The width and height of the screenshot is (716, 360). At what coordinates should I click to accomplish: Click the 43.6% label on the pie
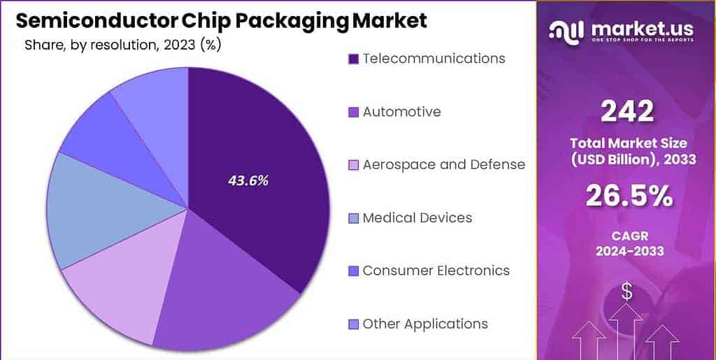[x=248, y=180]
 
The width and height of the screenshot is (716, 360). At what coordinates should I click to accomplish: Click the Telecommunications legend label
[x=434, y=58]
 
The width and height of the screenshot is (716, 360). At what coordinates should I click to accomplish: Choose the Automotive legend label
[x=401, y=111]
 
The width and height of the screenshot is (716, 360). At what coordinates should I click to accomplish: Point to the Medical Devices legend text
[x=417, y=217]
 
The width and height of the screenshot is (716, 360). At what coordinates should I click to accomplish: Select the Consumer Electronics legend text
[x=436, y=271]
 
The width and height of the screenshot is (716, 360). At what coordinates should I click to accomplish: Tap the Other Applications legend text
[x=425, y=324]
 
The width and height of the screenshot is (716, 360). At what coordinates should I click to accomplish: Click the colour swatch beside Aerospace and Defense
[x=353, y=165]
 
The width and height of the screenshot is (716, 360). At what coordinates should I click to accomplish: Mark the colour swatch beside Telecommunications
[x=353, y=59]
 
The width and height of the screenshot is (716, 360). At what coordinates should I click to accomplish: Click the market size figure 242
[x=626, y=110]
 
